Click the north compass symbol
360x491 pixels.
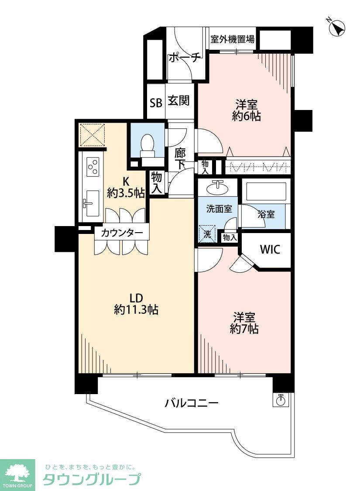coord(336,28)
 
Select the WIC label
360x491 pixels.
coord(270,250)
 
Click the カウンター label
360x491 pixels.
coord(122,233)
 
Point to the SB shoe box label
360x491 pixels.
coord(156,103)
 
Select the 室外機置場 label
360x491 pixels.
coord(233,39)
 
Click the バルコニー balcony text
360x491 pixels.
coord(191,402)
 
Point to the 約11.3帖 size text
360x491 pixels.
coord(136,310)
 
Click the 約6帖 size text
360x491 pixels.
coord(247,116)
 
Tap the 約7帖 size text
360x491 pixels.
coord(244,329)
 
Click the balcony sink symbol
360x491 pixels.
coord(281,399)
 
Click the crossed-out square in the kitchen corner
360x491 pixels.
coord(92,135)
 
